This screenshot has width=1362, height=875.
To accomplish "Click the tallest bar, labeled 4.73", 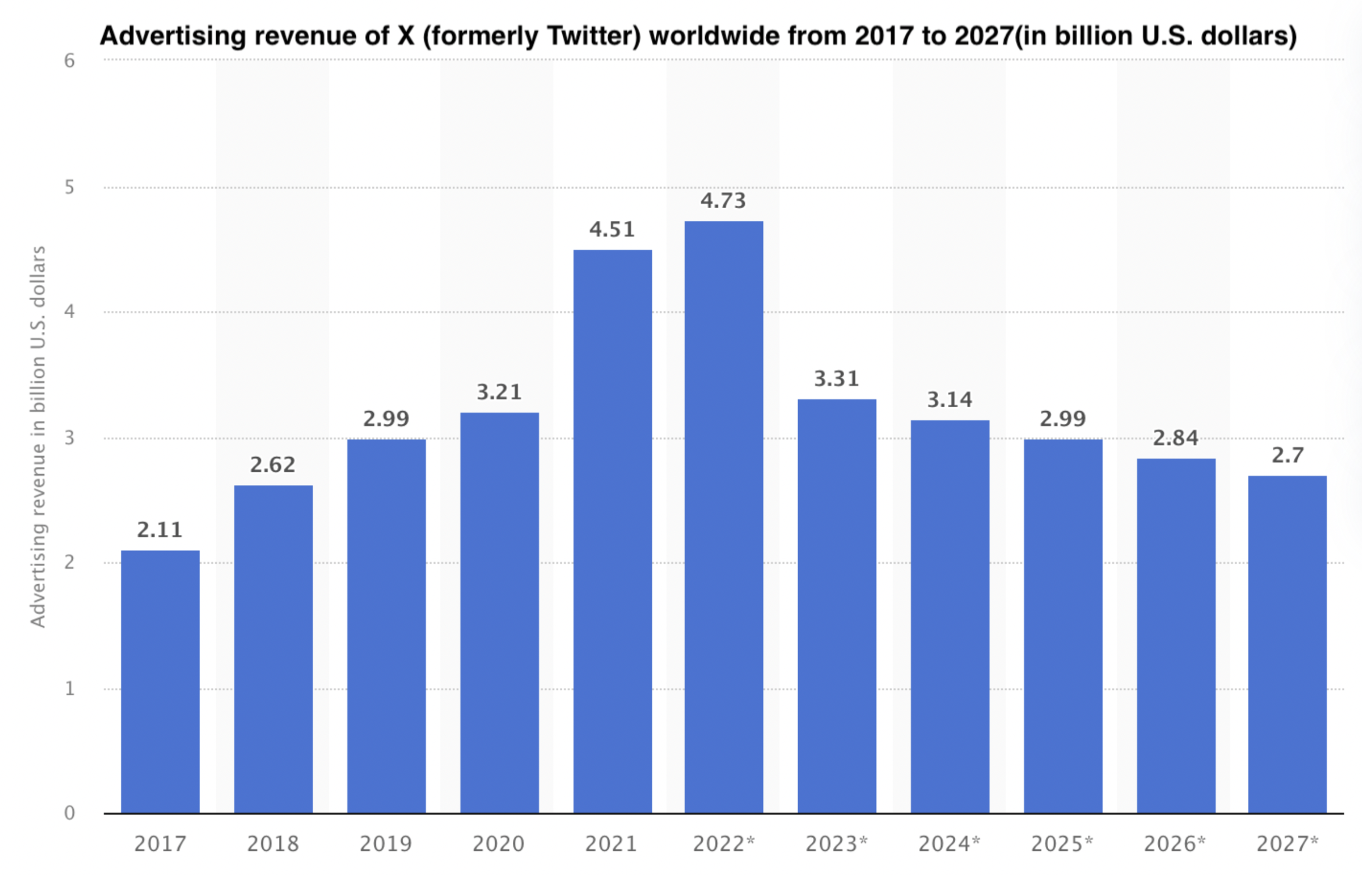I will [723, 516].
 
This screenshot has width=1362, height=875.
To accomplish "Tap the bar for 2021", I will [612, 531].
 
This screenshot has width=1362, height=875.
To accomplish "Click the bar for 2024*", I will [949, 616].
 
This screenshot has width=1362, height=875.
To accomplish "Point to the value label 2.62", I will [273, 464].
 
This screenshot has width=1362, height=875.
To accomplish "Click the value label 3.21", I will [499, 392].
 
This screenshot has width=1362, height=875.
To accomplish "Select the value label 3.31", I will [836, 379].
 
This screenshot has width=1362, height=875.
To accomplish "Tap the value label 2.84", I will [1176, 438].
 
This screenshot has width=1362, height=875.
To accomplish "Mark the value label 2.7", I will [1287, 455].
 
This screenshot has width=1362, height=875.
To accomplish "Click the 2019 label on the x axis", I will [386, 843].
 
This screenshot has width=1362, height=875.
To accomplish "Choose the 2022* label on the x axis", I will [723, 843].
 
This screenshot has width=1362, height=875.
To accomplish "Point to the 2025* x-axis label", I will [1062, 843].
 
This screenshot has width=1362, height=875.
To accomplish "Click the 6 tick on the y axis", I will [69, 61].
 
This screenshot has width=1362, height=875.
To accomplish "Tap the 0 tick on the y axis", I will [69, 812].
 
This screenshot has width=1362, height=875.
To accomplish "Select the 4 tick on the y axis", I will [69, 312].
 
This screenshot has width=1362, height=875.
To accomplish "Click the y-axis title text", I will [38, 436].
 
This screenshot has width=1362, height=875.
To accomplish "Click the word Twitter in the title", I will [593, 36].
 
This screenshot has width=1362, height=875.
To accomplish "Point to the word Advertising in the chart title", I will [173, 36].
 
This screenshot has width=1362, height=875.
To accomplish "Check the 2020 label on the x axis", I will [499, 843].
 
